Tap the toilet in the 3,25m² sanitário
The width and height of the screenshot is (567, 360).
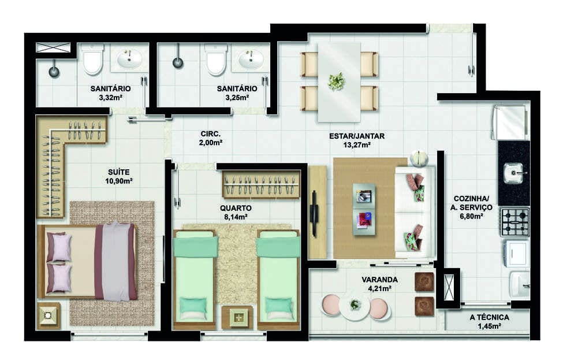pyautogui.click(x=216, y=60)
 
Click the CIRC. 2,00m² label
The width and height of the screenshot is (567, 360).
pyautogui.click(x=210, y=138)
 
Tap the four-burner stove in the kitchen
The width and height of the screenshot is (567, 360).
pyautogui.click(x=515, y=222)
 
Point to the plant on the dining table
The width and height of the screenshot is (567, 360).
pyautogui.click(x=336, y=81)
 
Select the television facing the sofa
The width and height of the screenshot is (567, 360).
pyautogui.click(x=314, y=214)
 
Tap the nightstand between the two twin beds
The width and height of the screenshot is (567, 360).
pyautogui.click(x=237, y=317)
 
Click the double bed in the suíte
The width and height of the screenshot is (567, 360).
pyautogui.click(x=88, y=261)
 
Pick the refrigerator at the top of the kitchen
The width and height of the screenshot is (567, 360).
pyautogui.click(x=509, y=123)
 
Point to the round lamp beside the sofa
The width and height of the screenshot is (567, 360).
pyautogui.click(x=419, y=158)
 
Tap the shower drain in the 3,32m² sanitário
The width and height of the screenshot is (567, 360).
pyautogui.click(x=54, y=71)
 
